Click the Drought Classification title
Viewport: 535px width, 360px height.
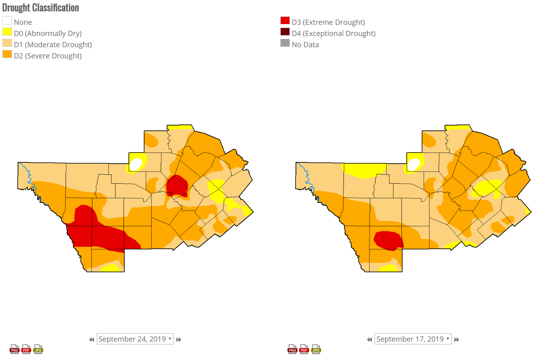coord(41,8)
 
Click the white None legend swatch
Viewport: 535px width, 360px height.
coord(7,20)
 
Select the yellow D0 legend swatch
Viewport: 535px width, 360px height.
coord(7,32)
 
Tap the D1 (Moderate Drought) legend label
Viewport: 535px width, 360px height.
coord(53,45)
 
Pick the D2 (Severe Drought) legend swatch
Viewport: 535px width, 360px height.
coord(7,54)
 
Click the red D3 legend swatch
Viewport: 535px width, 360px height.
coord(285,20)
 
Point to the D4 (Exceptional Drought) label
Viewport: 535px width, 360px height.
coord(333,34)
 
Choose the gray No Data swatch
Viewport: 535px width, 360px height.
coord(285,43)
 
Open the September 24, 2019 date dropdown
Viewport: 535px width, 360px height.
coord(135,339)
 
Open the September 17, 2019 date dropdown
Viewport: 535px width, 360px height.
coord(413,339)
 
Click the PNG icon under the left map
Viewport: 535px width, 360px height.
coord(14,349)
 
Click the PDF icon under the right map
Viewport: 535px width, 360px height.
coord(304,349)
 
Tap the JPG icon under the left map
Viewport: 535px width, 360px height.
coord(38,349)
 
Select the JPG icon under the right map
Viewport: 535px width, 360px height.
coord(316,349)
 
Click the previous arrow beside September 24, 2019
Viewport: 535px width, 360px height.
coord(92,339)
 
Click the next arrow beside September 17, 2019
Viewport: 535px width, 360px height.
coord(457,339)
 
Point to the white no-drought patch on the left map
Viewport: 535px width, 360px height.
coord(136,164)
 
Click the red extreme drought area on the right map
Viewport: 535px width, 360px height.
coord(388,240)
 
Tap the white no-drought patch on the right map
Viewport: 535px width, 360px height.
coord(414,164)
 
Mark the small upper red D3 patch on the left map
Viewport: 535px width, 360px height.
coord(177,186)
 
